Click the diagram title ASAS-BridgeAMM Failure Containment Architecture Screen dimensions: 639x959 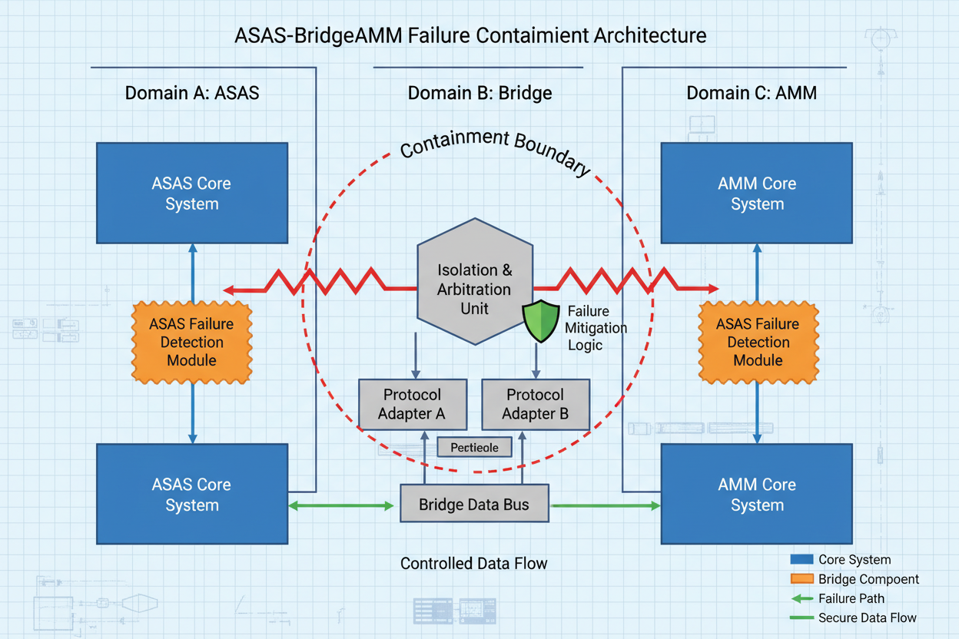[x=470, y=35]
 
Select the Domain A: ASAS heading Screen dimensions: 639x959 [x=192, y=94]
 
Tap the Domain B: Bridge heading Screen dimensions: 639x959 [x=479, y=94]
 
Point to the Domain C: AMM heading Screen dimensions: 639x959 [x=751, y=94]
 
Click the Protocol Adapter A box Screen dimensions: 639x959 [x=413, y=404]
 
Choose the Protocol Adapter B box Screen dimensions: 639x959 [x=535, y=404]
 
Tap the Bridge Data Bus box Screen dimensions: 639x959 [x=474, y=505]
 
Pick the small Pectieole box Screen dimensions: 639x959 [x=474, y=447]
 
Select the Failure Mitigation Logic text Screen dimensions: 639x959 [x=596, y=328]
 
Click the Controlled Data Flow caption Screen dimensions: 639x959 [x=474, y=564]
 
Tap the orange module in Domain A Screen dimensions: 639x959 [x=192, y=343]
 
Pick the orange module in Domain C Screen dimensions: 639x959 [x=758, y=343]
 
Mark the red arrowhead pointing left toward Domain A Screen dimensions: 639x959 [x=229, y=290]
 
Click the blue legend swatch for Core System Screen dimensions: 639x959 [x=801, y=560]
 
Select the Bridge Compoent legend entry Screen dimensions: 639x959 [x=868, y=579]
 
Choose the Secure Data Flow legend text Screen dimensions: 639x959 [x=867, y=617]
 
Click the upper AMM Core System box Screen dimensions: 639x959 [x=757, y=194]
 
